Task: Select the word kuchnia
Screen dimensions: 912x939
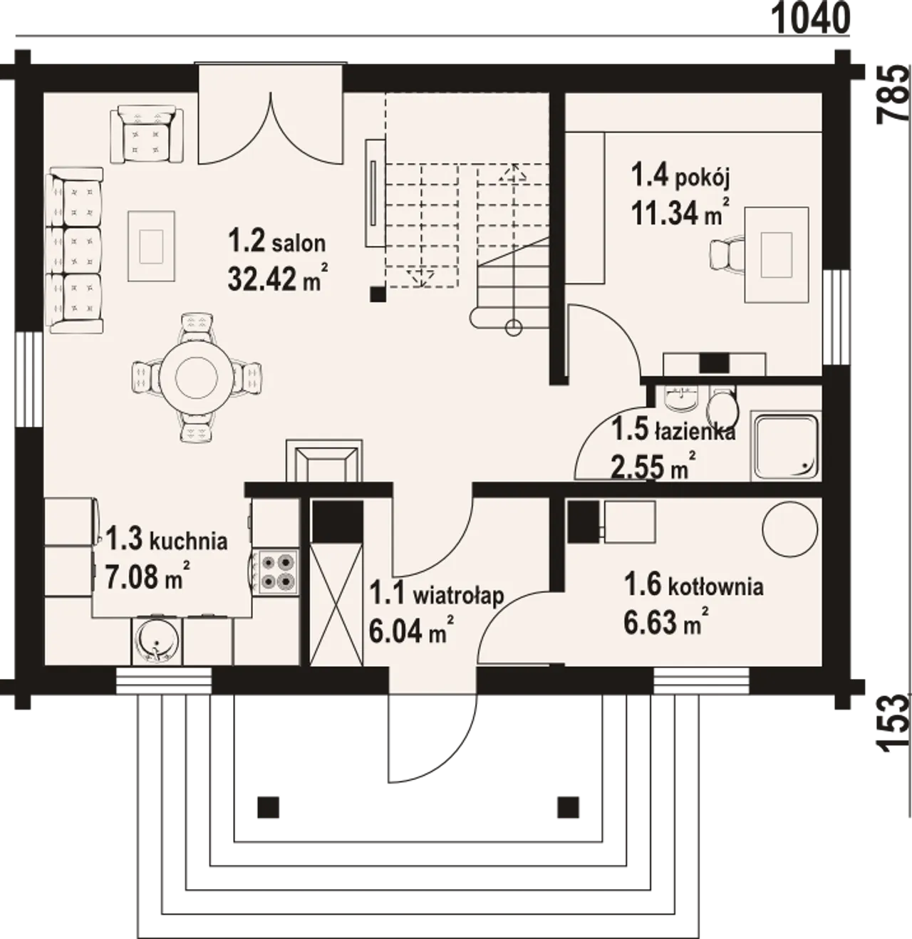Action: pyautogui.click(x=188, y=541)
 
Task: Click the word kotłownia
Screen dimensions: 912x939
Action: pyautogui.click(x=715, y=587)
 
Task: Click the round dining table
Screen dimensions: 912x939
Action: pyautogui.click(x=197, y=377)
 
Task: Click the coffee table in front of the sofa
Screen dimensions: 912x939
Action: pyautogui.click(x=151, y=246)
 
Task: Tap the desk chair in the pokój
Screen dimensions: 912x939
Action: pyautogui.click(x=729, y=256)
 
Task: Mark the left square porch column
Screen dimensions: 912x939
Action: pyautogui.click(x=269, y=807)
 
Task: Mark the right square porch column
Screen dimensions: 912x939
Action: pyautogui.click(x=569, y=807)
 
